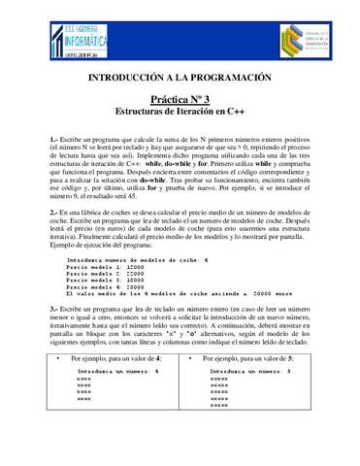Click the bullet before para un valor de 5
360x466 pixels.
(x=194, y=386)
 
